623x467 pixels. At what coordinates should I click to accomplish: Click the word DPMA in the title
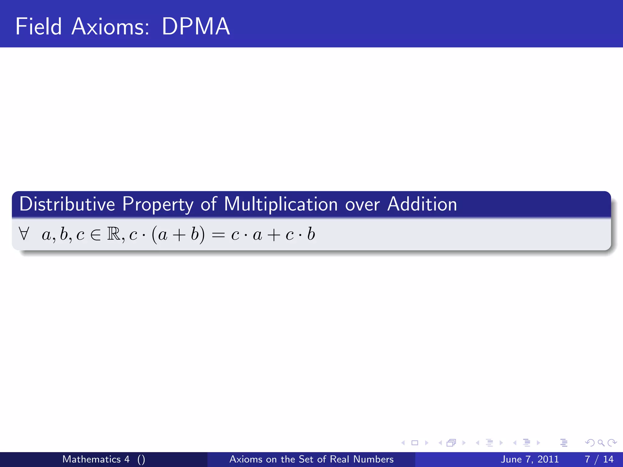pos(196,27)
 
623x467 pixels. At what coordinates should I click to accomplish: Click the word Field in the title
pos(39,27)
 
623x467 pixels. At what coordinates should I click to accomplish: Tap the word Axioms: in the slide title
pos(110,27)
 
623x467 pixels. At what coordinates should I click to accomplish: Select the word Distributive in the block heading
pos(67,204)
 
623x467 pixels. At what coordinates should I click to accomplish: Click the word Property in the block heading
pos(158,205)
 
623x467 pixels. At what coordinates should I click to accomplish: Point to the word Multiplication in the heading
pos(281,205)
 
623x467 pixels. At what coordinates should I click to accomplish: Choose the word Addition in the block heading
pos(422,204)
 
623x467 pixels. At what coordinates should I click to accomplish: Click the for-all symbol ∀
pos(24,234)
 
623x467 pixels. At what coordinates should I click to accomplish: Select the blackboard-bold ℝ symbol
pos(114,234)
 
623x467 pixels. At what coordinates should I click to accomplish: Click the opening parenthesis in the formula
pos(154,235)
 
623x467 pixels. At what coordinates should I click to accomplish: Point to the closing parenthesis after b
pos(202,235)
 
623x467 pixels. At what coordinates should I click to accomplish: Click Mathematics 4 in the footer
pos(96,459)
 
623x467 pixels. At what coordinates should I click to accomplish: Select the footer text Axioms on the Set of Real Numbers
pos(311,459)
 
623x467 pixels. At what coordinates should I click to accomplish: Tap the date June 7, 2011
pos(530,459)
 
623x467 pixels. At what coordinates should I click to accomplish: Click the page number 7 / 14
pos(599,459)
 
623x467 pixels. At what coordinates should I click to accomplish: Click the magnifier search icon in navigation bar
pos(601,443)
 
